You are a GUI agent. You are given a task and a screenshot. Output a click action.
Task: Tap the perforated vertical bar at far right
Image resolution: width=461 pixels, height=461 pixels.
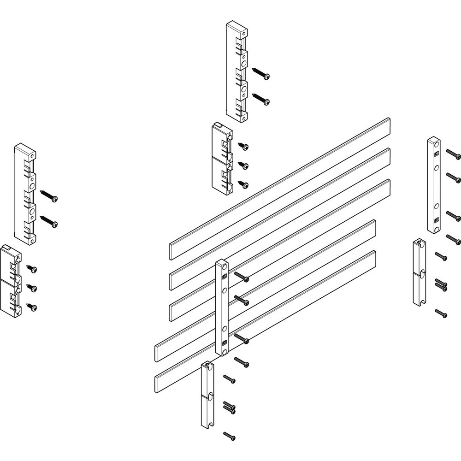[x=434, y=184]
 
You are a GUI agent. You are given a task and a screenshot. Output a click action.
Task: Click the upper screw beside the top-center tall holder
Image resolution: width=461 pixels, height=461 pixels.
[x=261, y=73]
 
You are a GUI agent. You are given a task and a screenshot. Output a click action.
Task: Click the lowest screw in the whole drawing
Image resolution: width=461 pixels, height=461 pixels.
[x=229, y=435]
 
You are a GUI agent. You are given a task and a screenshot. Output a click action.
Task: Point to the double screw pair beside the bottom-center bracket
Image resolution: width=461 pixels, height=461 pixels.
[x=230, y=406]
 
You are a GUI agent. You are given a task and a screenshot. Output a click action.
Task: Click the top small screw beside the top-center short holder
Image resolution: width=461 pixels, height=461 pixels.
[x=243, y=147]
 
